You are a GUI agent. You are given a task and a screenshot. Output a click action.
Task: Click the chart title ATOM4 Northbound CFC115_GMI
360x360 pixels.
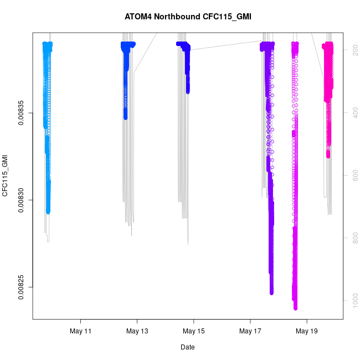pos(188,17)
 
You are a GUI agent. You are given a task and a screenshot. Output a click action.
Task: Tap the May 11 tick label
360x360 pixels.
pos(81,331)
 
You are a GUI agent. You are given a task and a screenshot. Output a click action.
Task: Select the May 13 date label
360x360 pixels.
pos(137,331)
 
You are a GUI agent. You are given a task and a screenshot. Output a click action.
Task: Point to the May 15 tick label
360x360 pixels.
pos(194,331)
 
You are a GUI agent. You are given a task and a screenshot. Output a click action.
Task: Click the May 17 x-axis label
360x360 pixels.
pos(250,331)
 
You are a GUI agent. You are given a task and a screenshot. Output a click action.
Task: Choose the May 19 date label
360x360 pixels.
pos(306,331)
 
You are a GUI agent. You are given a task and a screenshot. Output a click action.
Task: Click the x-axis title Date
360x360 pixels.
pos(187,347)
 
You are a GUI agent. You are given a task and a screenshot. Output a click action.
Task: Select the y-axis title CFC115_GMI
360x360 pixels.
pos(6,176)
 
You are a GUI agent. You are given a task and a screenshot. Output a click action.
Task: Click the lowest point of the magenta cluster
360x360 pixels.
pos(295,307)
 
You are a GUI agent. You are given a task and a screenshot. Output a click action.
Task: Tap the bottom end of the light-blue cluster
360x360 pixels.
pos(48,212)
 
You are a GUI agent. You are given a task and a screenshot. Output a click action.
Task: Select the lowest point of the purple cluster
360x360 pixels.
pos(272,292)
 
